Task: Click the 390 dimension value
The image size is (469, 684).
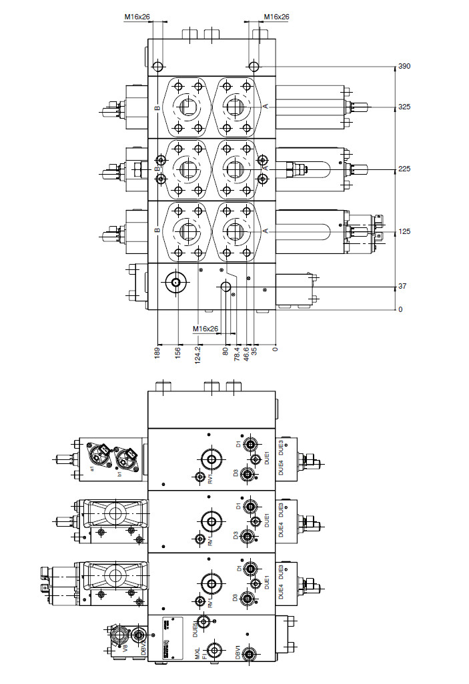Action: pyautogui.click(x=404, y=67)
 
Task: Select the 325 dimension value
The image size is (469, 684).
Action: pyautogui.click(x=404, y=107)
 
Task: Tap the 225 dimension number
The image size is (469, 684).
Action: pyautogui.click(x=404, y=169)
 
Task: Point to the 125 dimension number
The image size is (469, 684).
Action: pyautogui.click(x=404, y=231)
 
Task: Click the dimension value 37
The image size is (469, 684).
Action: pyautogui.click(x=402, y=286)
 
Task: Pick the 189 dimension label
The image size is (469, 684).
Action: pyautogui.click(x=157, y=351)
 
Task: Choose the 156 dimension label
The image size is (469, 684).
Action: pyautogui.click(x=178, y=351)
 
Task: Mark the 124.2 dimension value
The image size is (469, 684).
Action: pyautogui.click(x=198, y=354)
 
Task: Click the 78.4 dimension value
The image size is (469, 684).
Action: pyautogui.click(x=238, y=354)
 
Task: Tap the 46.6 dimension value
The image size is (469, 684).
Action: pyautogui.click(x=247, y=354)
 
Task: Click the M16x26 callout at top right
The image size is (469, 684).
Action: pyautogui.click(x=276, y=17)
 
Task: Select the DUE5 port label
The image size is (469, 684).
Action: pyautogui.click(x=195, y=625)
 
